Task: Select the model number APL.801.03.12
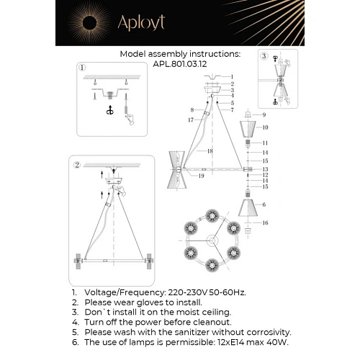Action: click(179, 63)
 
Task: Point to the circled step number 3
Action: click(264, 55)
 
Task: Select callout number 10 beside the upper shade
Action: click(265, 127)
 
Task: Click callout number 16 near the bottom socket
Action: click(265, 223)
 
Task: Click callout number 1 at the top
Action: click(232, 76)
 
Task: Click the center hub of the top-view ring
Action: click(212, 238)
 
